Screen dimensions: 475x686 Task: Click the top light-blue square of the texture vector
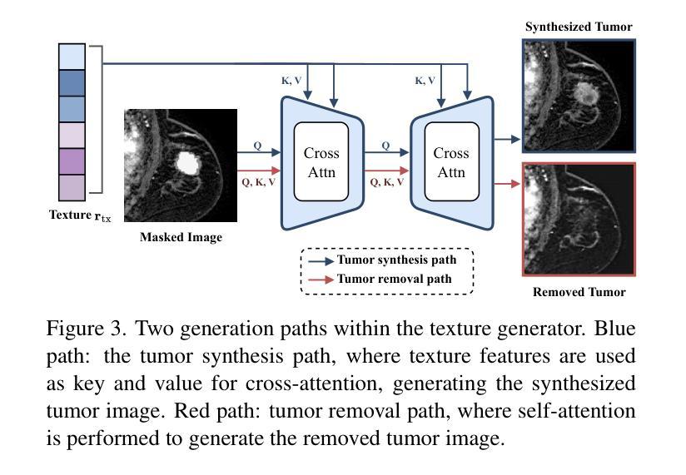pyautogui.click(x=72, y=57)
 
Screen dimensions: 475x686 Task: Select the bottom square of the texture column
pyautogui.click(x=72, y=186)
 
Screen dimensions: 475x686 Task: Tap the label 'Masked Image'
pyautogui.click(x=181, y=237)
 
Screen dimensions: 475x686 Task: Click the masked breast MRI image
pyautogui.click(x=181, y=165)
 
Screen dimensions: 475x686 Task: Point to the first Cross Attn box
pyautogui.click(x=321, y=162)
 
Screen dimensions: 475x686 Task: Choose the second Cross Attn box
pyautogui.click(x=451, y=162)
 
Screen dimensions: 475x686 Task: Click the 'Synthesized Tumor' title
pyautogui.click(x=579, y=27)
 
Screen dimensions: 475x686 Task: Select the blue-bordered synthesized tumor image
pyautogui.click(x=579, y=94)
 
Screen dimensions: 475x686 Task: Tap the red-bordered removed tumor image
pyautogui.click(x=579, y=219)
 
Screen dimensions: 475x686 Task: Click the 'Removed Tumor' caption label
pyautogui.click(x=579, y=292)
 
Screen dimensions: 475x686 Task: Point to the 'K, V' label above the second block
pyautogui.click(x=425, y=81)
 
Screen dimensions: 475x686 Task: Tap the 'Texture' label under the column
pyautogui.click(x=69, y=215)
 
